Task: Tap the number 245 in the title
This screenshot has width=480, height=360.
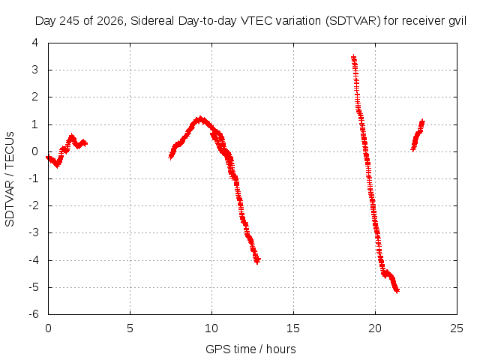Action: (x=69, y=21)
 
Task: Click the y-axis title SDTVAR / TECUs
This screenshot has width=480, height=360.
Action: (x=10, y=179)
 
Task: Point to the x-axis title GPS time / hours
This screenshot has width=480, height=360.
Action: (x=250, y=349)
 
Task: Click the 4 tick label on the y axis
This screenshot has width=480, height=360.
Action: (x=35, y=43)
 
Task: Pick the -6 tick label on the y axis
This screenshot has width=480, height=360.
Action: (x=34, y=314)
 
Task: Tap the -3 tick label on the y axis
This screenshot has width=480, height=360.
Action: (x=34, y=232)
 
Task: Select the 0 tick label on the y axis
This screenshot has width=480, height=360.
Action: (x=35, y=151)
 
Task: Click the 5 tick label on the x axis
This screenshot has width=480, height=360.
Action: (x=130, y=328)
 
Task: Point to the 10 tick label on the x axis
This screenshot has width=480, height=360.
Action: (x=211, y=328)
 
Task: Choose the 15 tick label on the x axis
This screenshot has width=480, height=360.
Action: (x=293, y=328)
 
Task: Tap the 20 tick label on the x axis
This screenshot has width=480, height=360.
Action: (x=375, y=328)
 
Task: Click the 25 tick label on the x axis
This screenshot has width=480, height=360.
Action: (x=457, y=328)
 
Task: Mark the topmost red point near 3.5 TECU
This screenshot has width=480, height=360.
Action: (x=353, y=57)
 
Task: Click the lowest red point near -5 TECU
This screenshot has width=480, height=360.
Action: (x=397, y=290)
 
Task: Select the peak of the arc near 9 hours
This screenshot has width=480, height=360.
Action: (x=200, y=118)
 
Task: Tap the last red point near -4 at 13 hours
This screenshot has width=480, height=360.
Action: (x=257, y=261)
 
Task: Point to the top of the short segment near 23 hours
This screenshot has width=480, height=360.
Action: (x=422, y=122)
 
